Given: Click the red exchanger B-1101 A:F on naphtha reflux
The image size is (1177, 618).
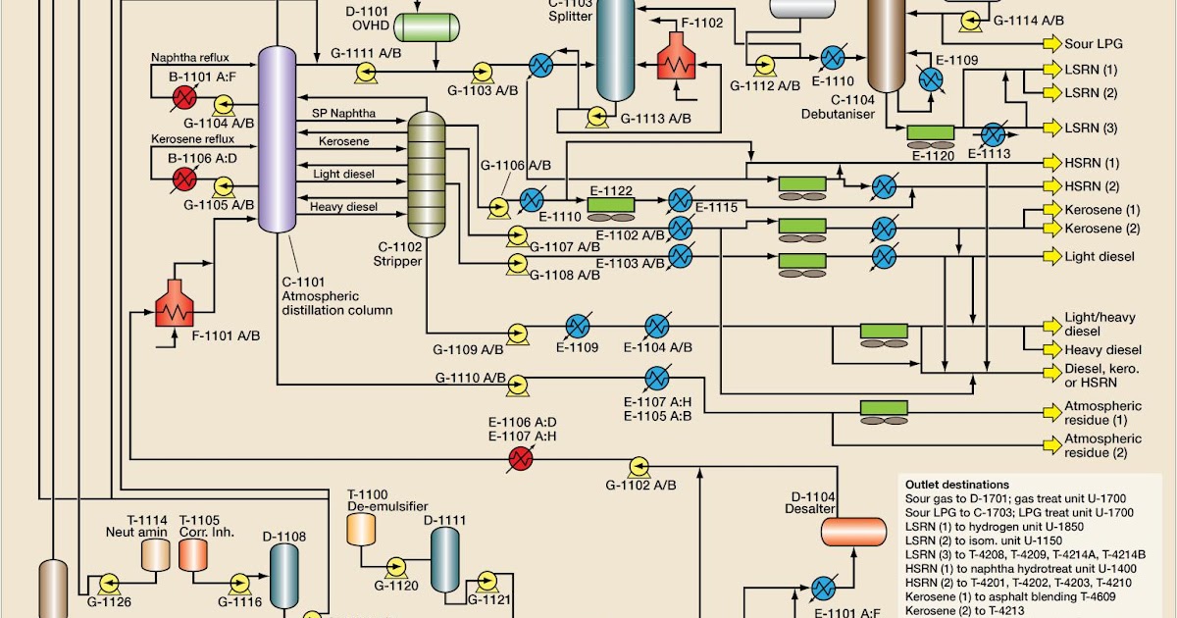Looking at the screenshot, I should click(182, 97).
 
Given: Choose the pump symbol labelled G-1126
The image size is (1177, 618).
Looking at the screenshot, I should click(107, 580).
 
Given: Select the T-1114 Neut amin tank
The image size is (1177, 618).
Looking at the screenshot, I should click(155, 555).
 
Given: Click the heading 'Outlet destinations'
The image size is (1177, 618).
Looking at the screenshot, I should click(956, 485).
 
